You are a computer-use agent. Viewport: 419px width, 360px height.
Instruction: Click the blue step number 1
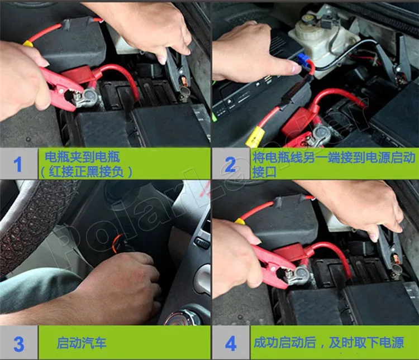click(18, 164)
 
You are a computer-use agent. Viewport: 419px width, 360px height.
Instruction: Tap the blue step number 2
click(230, 165)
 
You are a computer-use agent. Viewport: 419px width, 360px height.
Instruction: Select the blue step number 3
click(18, 344)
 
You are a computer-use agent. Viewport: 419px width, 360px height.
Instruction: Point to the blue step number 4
click(231, 343)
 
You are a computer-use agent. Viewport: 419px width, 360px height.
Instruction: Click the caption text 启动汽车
click(82, 343)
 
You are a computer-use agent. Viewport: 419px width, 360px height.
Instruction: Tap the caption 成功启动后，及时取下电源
click(328, 342)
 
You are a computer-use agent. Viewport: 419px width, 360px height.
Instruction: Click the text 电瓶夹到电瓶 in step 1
click(82, 157)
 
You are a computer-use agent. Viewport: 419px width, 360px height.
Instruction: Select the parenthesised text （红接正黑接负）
click(86, 172)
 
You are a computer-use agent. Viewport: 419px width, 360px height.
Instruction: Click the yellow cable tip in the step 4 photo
click(240, 220)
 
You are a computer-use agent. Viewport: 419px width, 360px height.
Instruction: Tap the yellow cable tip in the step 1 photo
click(28, 44)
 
